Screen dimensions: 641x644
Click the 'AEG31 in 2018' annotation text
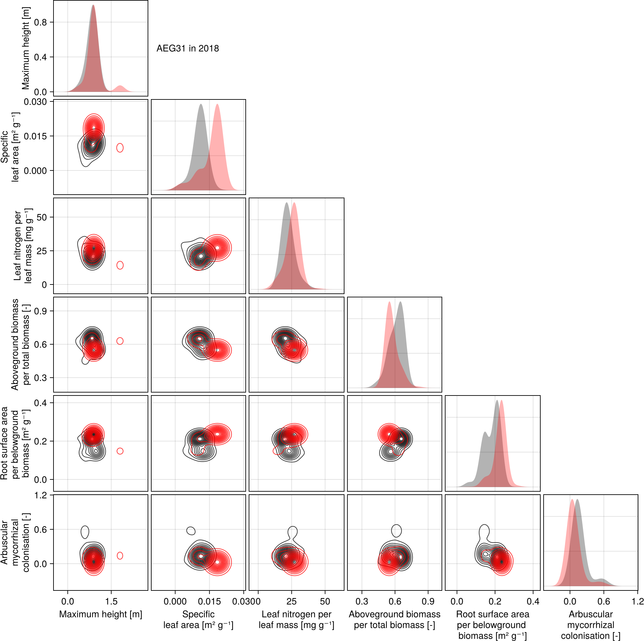188,49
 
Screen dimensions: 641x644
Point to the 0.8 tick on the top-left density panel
41,22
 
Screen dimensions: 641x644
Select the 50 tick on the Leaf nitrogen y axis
42,217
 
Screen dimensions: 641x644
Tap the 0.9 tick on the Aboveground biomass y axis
41,311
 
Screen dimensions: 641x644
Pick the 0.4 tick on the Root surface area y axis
41,403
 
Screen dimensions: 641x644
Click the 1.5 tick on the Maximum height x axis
111,602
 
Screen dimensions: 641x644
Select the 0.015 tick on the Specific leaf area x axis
209,602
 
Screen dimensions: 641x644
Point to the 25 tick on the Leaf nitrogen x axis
292,602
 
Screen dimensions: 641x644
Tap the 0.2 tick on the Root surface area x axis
495,602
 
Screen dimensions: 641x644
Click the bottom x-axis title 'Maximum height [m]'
101,614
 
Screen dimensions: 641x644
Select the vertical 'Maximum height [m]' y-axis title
26,48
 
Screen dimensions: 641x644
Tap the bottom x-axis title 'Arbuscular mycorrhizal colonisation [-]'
591,625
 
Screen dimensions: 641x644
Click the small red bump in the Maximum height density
120,88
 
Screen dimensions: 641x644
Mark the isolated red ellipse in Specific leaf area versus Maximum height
120,148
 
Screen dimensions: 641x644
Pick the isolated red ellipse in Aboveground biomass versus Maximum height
120,341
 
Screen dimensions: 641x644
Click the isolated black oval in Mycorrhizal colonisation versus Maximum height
85,532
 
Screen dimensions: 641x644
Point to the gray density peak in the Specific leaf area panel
201,105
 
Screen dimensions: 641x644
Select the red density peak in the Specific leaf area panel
217,105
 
